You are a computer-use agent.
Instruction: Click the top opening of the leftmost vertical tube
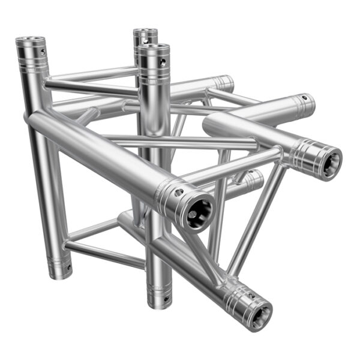[30, 42]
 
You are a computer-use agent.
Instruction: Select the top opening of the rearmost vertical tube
[145, 32]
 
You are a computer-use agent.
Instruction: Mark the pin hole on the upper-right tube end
[305, 98]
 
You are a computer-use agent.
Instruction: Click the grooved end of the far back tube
[223, 83]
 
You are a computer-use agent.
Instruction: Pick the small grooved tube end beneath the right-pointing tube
[254, 179]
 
